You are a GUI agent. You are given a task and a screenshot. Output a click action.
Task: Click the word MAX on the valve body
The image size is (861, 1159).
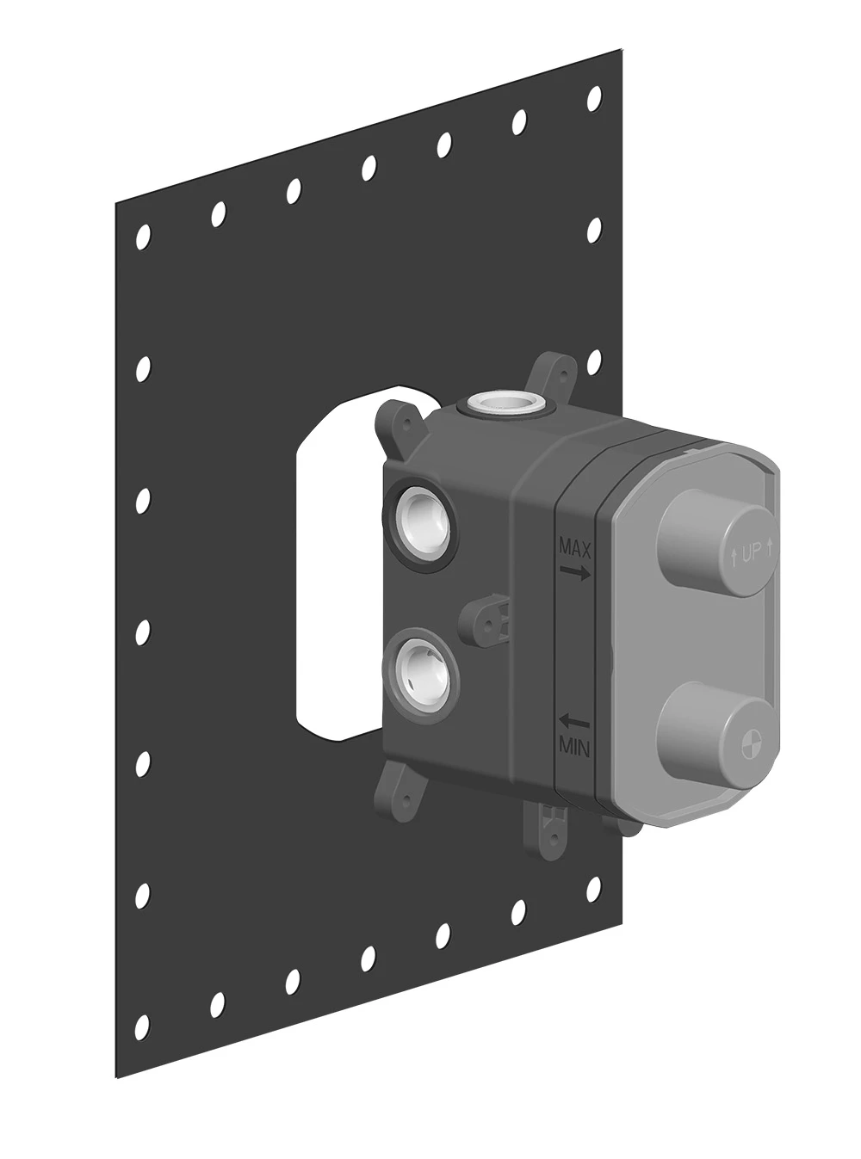coord(575,548)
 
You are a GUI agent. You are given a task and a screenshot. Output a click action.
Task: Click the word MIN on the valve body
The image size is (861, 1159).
coord(574,748)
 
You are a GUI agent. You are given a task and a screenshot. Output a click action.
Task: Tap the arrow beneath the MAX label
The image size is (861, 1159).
coord(575,572)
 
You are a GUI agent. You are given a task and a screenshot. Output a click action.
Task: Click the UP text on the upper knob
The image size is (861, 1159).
coord(750,554)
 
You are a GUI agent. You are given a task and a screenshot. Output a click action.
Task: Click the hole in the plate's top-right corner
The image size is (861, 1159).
coord(594,98)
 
